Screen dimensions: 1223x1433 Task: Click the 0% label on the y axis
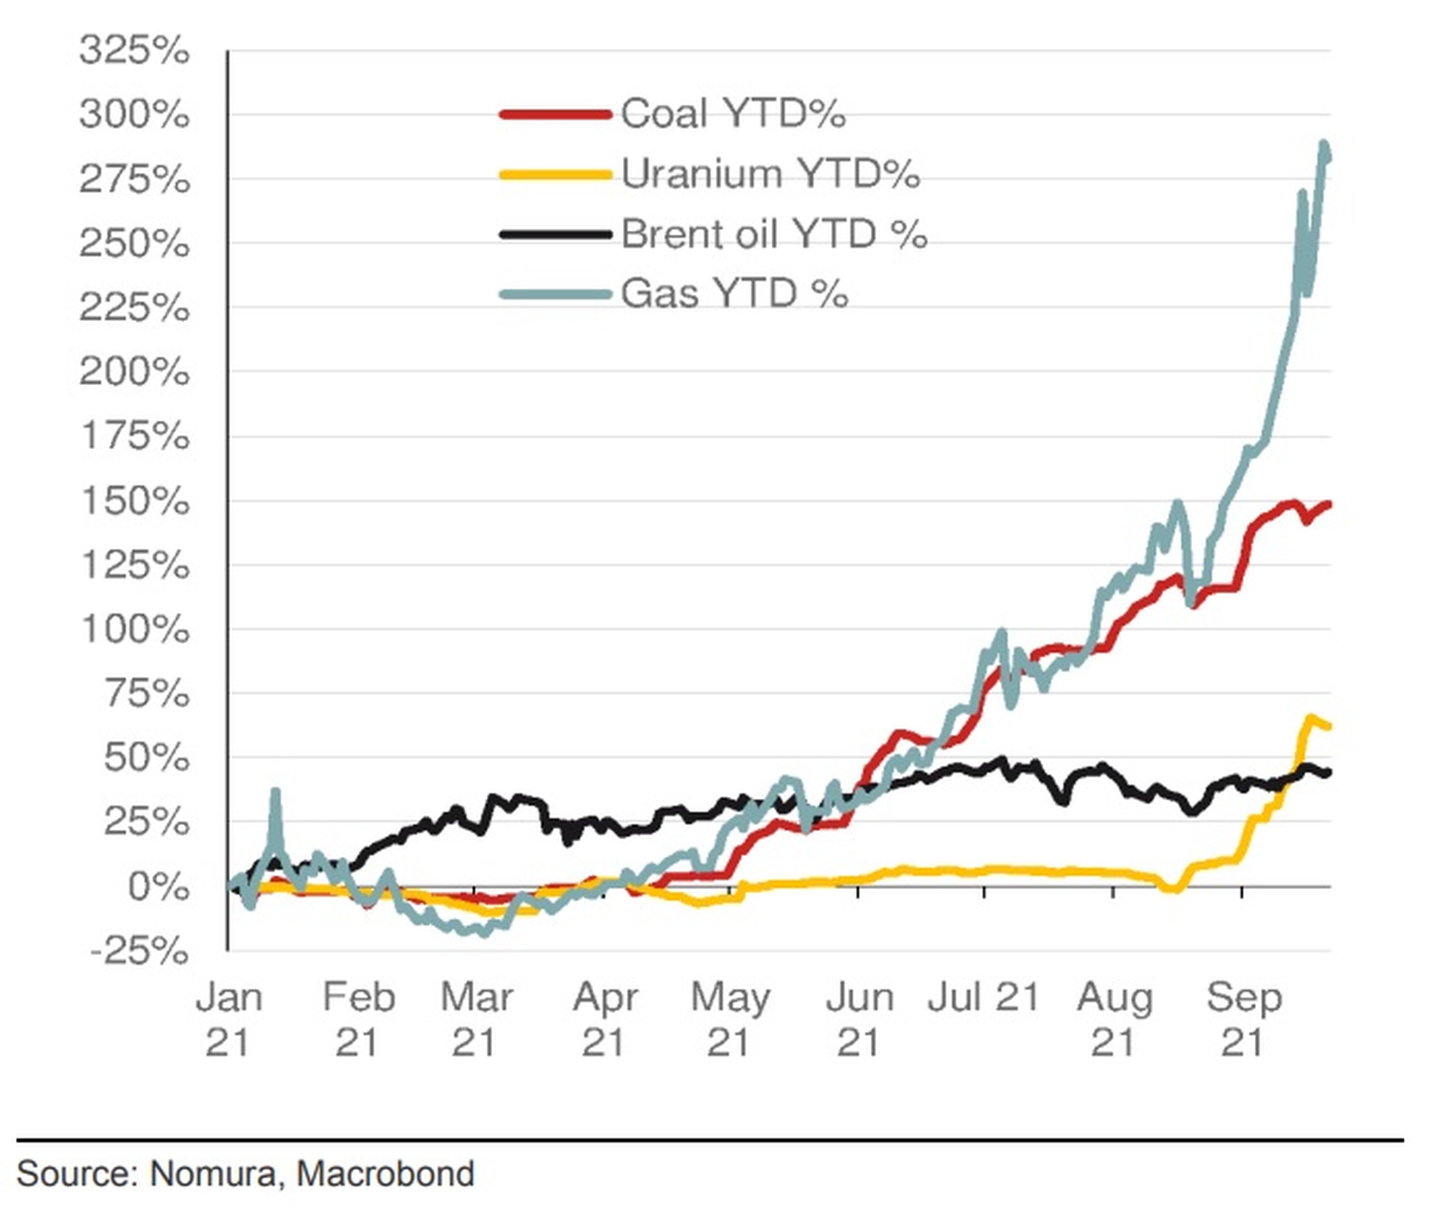pyautogui.click(x=158, y=886)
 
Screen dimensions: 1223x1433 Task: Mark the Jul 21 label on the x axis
pyautogui.click(x=983, y=998)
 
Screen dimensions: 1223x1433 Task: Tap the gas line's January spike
pyautogui.click(x=275, y=791)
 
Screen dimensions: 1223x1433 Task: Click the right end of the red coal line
pyautogui.click(x=1329, y=504)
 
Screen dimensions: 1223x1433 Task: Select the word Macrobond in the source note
pyautogui.click(x=385, y=1174)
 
